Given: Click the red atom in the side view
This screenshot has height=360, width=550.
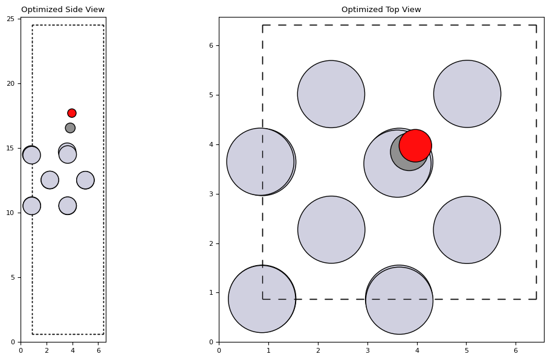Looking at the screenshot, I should pyautogui.click(x=72, y=113).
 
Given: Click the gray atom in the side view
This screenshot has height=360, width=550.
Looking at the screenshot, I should pyautogui.click(x=70, y=128).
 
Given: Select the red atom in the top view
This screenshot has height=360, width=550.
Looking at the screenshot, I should pyautogui.click(x=415, y=146).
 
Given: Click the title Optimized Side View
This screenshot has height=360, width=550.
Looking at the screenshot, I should pyautogui.click(x=63, y=10).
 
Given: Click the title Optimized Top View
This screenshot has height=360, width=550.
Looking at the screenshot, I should pyautogui.click(x=381, y=10).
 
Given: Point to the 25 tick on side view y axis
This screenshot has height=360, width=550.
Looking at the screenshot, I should pyautogui.click(x=21, y=19).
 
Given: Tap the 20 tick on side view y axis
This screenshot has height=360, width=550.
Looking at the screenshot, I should pyautogui.click(x=21, y=83).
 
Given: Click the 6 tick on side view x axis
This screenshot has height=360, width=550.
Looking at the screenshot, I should pyautogui.click(x=99, y=342).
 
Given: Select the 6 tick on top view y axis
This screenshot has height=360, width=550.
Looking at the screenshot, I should pyautogui.click(x=219, y=45).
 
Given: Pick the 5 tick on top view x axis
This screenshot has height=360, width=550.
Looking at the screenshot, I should pyautogui.click(x=467, y=342).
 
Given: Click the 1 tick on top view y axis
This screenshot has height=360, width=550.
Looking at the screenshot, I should pyautogui.click(x=219, y=292).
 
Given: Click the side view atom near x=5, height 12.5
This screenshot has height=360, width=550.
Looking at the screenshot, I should pyautogui.click(x=85, y=180).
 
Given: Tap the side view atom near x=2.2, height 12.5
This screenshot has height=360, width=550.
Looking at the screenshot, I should pyautogui.click(x=50, y=180).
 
